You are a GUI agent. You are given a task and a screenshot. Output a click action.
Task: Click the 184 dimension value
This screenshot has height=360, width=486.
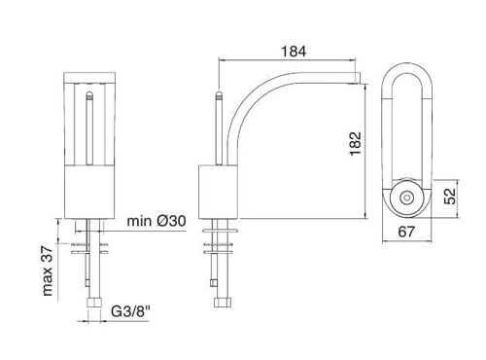pyautogui.click(x=294, y=52)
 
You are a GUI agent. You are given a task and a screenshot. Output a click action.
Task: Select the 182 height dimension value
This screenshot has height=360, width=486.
pyautogui.click(x=355, y=144)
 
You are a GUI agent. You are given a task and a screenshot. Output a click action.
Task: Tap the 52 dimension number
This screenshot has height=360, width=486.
pyautogui.click(x=449, y=197)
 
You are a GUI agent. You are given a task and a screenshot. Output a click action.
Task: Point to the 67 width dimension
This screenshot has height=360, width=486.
pyautogui.click(x=406, y=232)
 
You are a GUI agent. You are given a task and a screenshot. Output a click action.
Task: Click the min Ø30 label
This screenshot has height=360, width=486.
pyautogui.click(x=156, y=221)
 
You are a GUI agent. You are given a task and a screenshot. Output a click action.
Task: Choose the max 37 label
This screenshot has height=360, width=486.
pyautogui.click(x=48, y=270)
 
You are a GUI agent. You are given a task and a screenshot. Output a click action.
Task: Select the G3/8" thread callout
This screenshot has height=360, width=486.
pyautogui.click(x=131, y=311)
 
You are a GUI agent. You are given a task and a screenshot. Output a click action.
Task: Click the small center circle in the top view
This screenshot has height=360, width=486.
pyautogui.click(x=406, y=198)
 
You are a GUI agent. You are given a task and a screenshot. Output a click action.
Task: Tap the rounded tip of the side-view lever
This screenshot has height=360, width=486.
pyautogui.click(x=220, y=94)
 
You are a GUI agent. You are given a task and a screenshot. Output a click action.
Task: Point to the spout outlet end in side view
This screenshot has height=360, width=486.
pyautogui.click(x=358, y=78)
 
